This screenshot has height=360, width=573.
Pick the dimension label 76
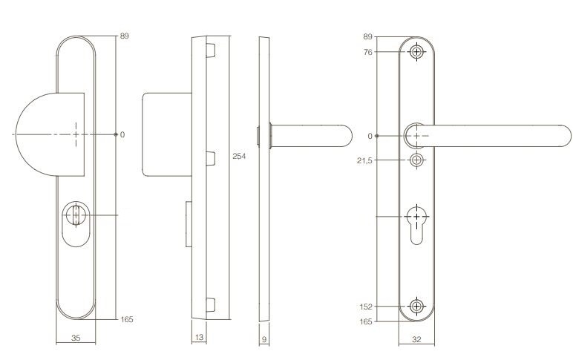point(368,52)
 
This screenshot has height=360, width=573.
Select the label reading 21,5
point(366,160)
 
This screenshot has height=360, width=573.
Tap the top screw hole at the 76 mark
point(417,52)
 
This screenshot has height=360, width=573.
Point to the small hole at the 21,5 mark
point(417,160)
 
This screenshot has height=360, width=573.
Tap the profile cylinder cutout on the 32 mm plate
point(417,223)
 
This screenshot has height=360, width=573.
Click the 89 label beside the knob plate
point(125,35)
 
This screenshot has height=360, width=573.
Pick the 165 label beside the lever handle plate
point(367,321)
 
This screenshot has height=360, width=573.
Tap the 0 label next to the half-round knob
point(122,134)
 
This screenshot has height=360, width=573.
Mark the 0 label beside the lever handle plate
point(370,136)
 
